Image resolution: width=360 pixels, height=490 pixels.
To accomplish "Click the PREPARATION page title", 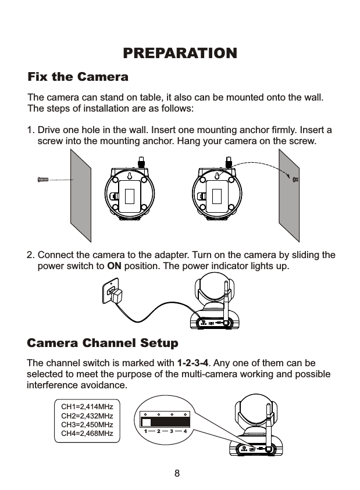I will click(x=180, y=53).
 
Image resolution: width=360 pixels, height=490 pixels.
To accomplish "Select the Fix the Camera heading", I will click(x=79, y=77).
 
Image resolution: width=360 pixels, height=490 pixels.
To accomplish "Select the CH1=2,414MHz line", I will click(x=87, y=407).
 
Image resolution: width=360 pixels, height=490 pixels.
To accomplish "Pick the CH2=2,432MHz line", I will click(x=87, y=416).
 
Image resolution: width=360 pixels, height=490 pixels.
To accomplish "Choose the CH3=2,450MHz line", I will click(x=87, y=425).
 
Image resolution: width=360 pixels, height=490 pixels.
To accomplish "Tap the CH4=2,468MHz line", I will click(x=87, y=434).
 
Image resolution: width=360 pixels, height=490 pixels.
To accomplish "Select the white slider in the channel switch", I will click(x=147, y=422).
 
